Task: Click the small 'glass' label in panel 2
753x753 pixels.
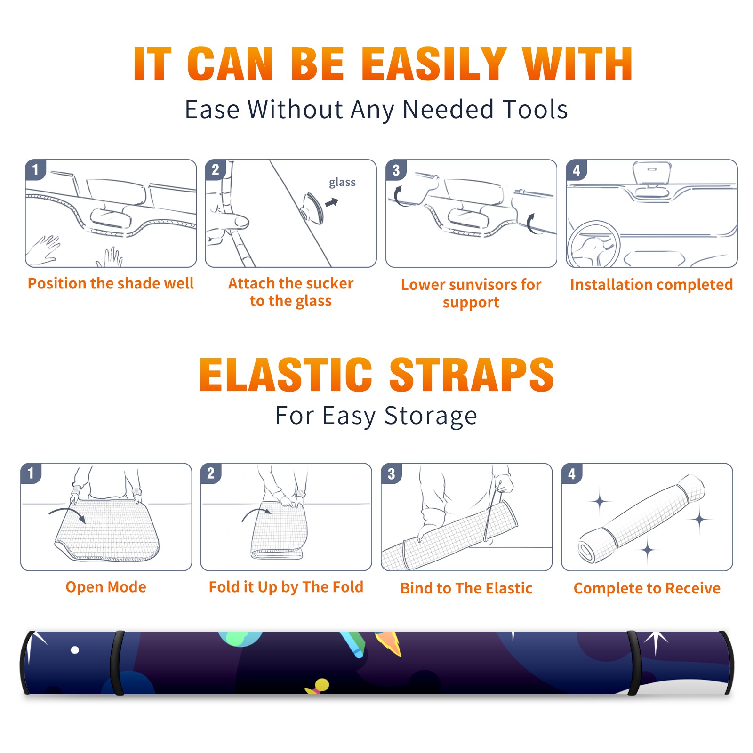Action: (x=342, y=183)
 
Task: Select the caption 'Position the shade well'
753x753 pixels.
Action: (x=111, y=283)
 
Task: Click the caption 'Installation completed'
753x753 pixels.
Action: (x=651, y=285)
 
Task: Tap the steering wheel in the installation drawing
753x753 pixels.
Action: (x=593, y=245)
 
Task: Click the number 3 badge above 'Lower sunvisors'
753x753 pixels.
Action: (x=396, y=170)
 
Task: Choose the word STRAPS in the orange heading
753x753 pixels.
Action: (x=472, y=375)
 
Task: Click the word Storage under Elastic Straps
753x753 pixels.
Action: (x=431, y=416)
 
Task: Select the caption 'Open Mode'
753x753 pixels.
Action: (x=106, y=587)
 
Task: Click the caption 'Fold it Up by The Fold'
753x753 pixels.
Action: (x=286, y=587)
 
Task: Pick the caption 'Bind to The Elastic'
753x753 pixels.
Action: (x=466, y=588)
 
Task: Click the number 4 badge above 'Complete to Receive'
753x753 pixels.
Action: (x=571, y=473)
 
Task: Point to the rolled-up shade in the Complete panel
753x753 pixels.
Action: (x=641, y=519)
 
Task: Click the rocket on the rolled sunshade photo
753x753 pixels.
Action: (x=389, y=643)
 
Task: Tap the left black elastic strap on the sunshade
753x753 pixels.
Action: (x=118, y=663)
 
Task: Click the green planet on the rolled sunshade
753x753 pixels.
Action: (x=240, y=638)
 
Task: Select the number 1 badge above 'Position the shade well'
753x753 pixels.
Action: (x=35, y=169)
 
